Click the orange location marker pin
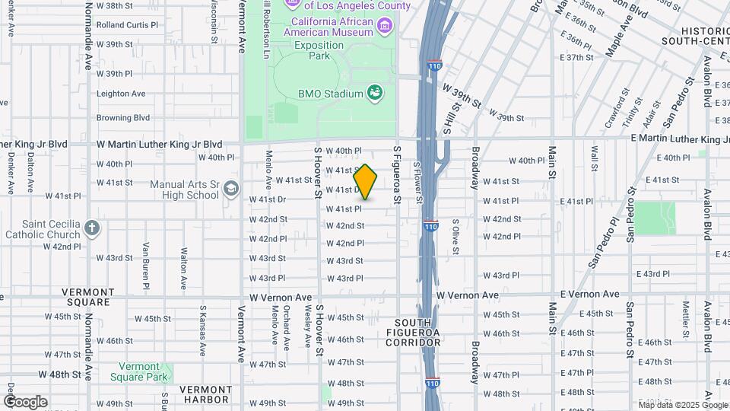point(366,182)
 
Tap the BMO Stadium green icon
point(374,94)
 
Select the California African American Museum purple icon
point(385,27)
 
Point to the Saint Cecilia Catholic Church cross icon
point(91,228)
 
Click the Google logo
point(25,402)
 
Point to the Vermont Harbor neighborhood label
point(205,393)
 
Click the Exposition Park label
point(319,50)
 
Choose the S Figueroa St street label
point(396,175)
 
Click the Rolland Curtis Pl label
point(127,25)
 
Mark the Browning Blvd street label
point(122,118)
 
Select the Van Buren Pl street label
point(145,266)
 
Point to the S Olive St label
point(455,235)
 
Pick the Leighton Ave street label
point(120,94)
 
